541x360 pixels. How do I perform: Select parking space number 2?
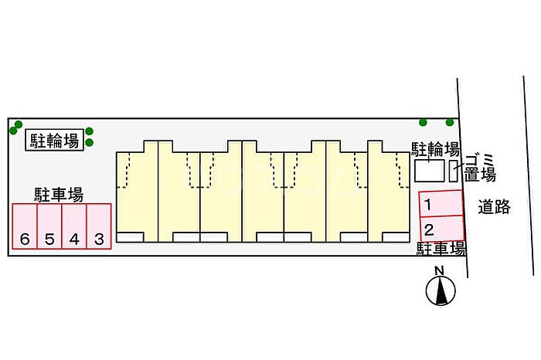(x=441, y=229)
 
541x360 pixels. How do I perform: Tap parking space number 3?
(x=99, y=226)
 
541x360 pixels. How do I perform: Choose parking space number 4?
(x=74, y=226)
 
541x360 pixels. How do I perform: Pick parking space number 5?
(x=49, y=226)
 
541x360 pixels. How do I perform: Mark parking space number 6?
(x=25, y=226)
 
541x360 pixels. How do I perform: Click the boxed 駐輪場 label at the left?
(x=54, y=140)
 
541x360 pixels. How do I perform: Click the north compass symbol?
(x=440, y=290)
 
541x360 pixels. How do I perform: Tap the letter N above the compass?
(x=439, y=270)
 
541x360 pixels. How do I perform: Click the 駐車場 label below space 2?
(x=441, y=249)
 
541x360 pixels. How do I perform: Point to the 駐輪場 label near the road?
(x=435, y=149)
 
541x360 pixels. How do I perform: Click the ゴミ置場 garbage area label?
(x=479, y=166)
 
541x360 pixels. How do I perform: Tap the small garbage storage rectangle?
(x=454, y=171)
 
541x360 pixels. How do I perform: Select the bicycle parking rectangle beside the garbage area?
(x=429, y=171)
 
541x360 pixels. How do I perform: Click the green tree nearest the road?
(x=450, y=122)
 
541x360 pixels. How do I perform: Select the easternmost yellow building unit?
(x=388, y=193)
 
